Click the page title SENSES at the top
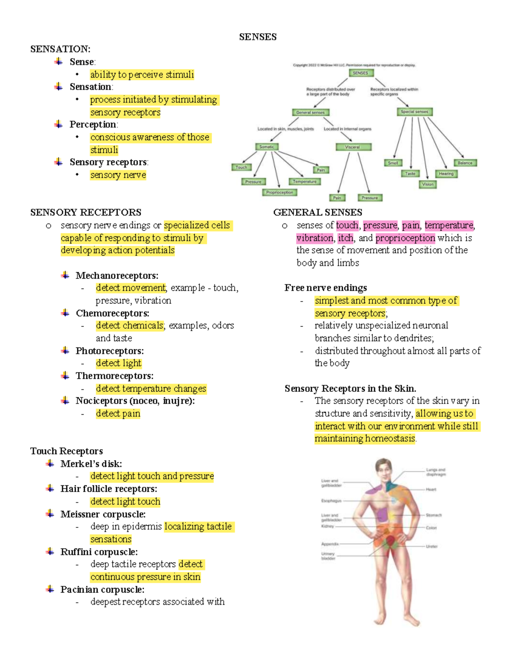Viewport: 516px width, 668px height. tap(258, 37)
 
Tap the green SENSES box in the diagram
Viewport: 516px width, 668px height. tap(360, 73)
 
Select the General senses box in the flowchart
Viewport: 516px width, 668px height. tap(310, 113)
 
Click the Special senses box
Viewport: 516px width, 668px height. tap(414, 112)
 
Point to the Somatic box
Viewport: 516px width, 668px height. tap(267, 147)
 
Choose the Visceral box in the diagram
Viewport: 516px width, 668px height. tap(353, 147)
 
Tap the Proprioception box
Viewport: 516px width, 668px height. tap(279, 192)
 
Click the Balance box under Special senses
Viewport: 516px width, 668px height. tap(465, 163)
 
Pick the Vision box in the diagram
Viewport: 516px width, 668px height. tap(427, 184)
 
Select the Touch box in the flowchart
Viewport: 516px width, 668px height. tap(241, 167)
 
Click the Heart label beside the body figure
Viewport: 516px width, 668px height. tap(431, 489)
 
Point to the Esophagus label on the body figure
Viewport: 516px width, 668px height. tap(331, 501)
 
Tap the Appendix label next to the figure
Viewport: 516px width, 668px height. tap(330, 544)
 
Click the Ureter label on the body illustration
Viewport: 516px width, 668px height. tap(432, 546)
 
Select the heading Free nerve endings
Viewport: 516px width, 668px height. tap(326, 288)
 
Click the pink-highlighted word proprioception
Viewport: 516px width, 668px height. tap(405, 238)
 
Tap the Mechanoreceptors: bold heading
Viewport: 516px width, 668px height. tap(117, 275)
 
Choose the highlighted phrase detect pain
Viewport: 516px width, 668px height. tap(118, 413)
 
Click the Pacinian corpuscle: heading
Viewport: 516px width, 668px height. tap(102, 589)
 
